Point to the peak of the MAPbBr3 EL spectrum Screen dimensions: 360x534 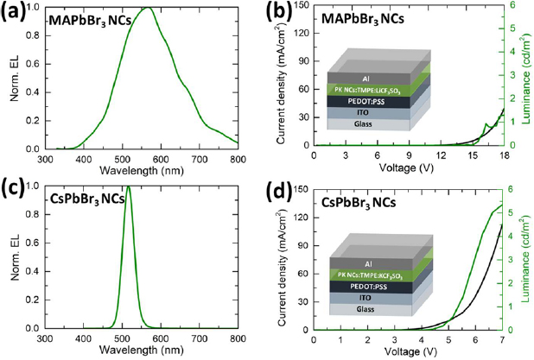[x=148, y=9]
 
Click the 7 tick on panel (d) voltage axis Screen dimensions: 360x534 [x=503, y=339]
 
